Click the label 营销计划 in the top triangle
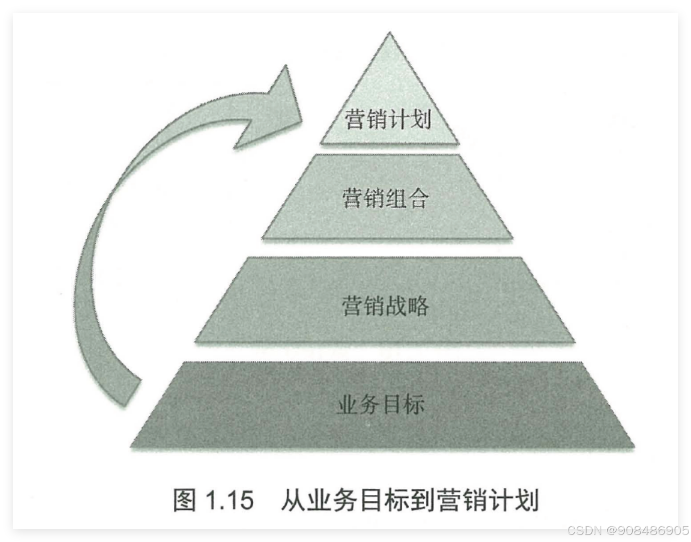point(388,119)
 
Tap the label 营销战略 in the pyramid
point(385,305)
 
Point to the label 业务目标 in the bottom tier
point(381,404)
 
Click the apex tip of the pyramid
point(390,34)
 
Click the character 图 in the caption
point(185,500)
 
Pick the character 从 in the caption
point(293,500)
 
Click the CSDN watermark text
point(584,530)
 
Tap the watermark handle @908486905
point(647,530)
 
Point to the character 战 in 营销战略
point(396,305)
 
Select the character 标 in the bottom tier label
point(414,404)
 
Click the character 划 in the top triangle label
point(421,119)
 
